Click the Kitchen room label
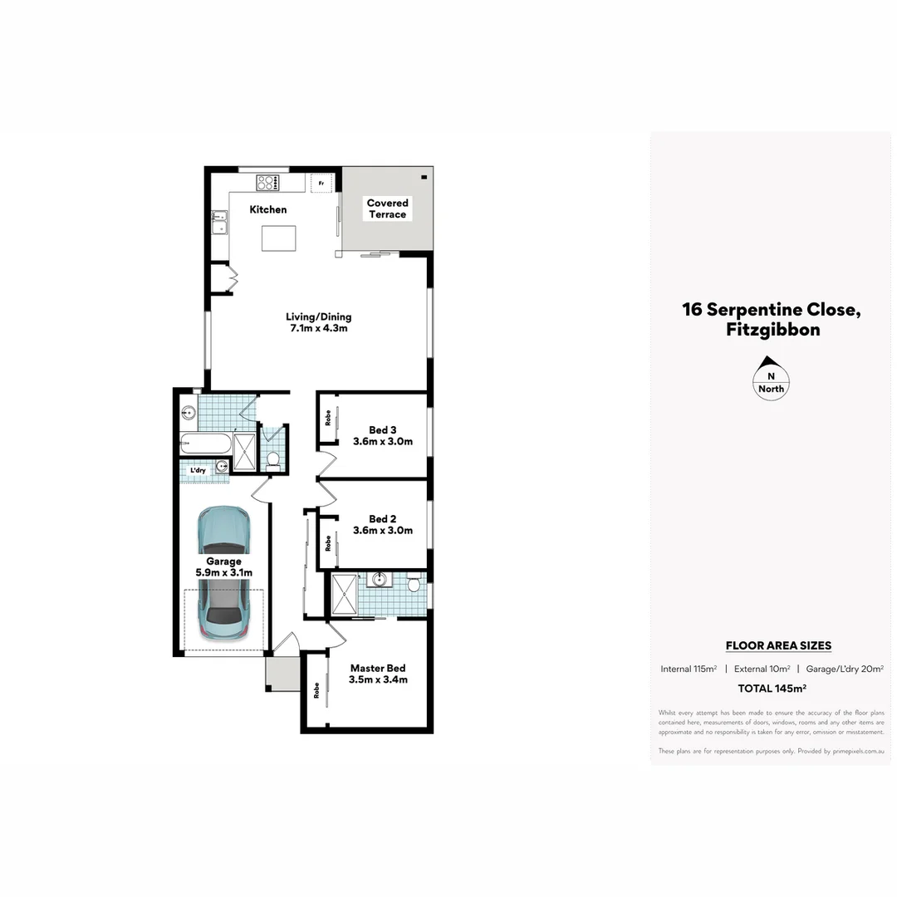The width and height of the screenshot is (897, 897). coord(268,209)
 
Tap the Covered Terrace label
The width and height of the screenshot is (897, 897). coord(387,208)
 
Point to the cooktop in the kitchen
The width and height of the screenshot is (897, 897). coord(268,183)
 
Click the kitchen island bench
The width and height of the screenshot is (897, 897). coord(277,238)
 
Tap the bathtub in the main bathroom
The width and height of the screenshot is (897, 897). coord(205,444)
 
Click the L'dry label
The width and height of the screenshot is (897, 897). coord(198,471)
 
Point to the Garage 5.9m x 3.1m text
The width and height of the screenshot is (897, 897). coord(223,567)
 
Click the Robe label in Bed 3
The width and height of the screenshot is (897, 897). coord(328,419)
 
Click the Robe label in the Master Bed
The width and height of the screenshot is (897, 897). coord(316,690)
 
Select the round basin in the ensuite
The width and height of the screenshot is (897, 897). coord(381,579)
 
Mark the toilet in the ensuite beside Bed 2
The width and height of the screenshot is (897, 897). coord(414,585)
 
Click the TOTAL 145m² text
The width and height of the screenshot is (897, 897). coord(772,688)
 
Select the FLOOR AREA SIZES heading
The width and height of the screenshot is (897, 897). coord(778,645)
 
